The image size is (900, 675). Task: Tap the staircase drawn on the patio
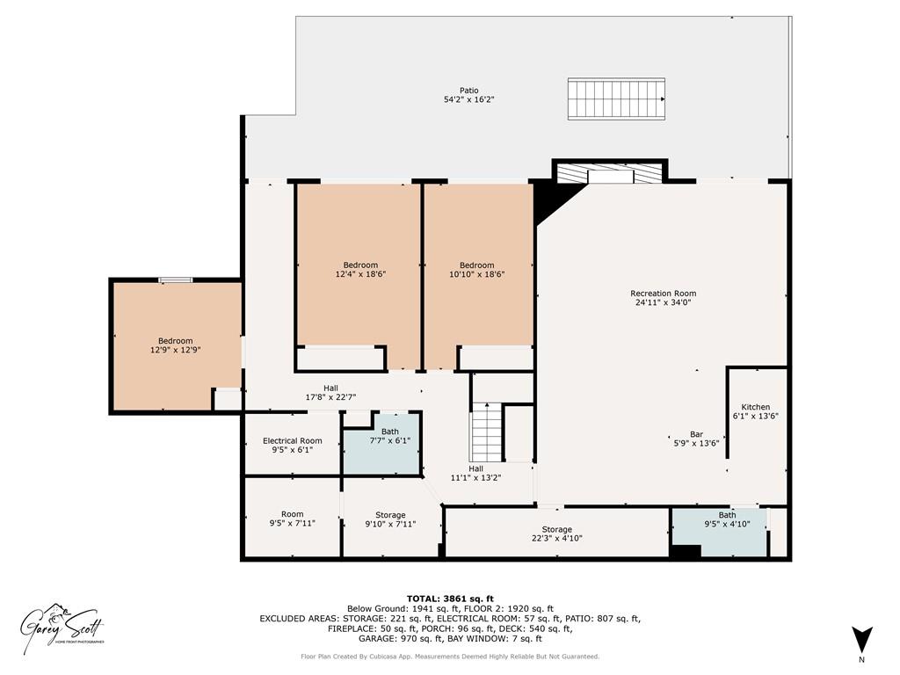615,98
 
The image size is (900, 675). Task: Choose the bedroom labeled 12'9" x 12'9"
175,345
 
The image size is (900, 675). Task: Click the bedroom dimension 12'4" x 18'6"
360,274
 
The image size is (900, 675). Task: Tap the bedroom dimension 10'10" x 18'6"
476,274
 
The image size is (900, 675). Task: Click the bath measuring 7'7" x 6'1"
389,436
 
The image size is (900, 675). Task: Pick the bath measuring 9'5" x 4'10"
727,520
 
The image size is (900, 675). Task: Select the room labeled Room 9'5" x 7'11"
292,519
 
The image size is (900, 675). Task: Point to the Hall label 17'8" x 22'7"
330,393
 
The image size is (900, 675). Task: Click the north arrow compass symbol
861,639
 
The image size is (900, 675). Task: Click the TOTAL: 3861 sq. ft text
450,598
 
